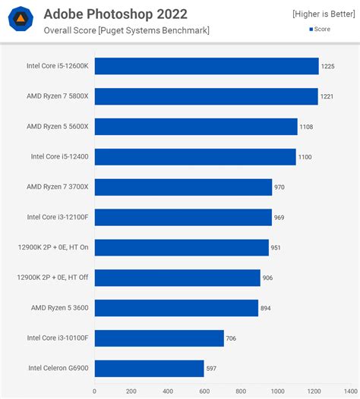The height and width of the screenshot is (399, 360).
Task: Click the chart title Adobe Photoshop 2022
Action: pyautogui.click(x=115, y=14)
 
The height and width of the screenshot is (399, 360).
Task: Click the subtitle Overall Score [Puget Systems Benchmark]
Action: pyautogui.click(x=126, y=30)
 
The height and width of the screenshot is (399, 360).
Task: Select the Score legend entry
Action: pyautogui.click(x=330, y=29)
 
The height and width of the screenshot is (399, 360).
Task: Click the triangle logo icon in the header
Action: pyautogui.click(x=19, y=20)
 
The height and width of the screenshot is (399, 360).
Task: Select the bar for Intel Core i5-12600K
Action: pyautogui.click(x=206, y=66)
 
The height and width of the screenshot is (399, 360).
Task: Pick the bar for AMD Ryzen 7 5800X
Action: pyautogui.click(x=206, y=96)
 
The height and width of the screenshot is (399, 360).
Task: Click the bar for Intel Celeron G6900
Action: pyautogui.click(x=149, y=369)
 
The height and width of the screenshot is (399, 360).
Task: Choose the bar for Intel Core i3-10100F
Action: pyautogui.click(x=159, y=338)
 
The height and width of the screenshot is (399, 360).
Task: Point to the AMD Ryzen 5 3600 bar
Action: pyautogui.click(x=176, y=308)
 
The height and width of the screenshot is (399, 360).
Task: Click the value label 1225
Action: pyautogui.click(x=328, y=67)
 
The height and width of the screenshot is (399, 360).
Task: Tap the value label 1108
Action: pyautogui.click(x=308, y=127)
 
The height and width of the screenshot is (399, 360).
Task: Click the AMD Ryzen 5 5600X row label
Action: pyautogui.click(x=58, y=127)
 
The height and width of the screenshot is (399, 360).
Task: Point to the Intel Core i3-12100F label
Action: pyautogui.click(x=58, y=217)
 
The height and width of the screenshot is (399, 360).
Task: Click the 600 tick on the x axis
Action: pyautogui.click(x=204, y=391)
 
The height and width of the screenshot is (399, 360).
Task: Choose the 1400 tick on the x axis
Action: pyautogui.click(x=349, y=391)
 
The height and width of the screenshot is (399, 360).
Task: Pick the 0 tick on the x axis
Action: pyautogui.click(x=95, y=391)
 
